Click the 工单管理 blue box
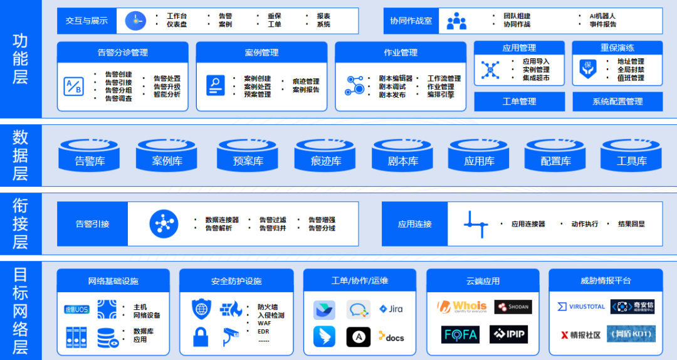(x=519, y=101)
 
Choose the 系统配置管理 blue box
(x=617, y=101)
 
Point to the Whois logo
(x=461, y=307)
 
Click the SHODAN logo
(x=513, y=307)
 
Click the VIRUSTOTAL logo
(x=580, y=307)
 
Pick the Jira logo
(x=391, y=309)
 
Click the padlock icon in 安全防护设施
(x=201, y=337)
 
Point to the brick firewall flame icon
(x=231, y=309)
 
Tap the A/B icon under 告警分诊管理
(x=73, y=86)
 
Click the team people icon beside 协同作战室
(x=456, y=21)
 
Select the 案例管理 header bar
(x=261, y=53)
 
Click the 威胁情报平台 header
(x=605, y=280)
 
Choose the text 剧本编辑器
(x=396, y=78)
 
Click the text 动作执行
(x=584, y=224)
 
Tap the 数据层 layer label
(x=20, y=155)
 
